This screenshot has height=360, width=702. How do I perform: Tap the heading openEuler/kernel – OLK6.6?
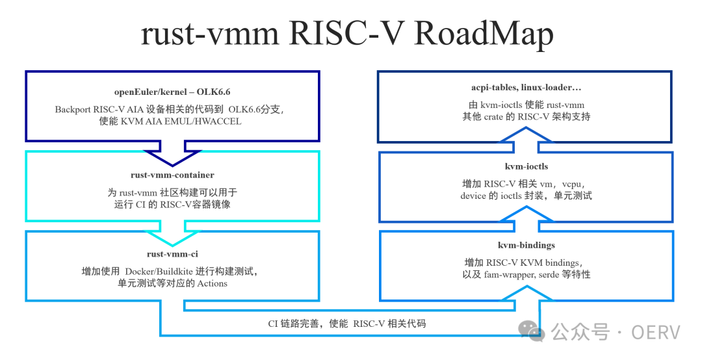tap(172, 92)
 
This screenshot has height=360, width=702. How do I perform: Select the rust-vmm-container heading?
tap(172, 175)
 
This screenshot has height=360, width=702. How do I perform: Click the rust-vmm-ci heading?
tap(172, 253)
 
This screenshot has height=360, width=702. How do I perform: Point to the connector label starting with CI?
tap(348, 323)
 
